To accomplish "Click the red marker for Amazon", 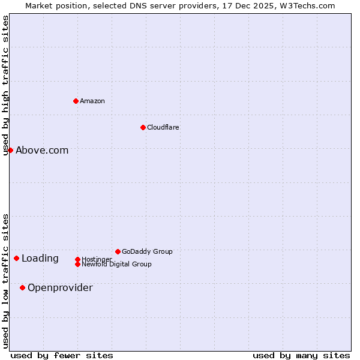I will click(76, 101).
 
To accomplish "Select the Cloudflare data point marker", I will click(143, 127).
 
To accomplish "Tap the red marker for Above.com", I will click(10, 150).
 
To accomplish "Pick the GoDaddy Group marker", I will click(118, 251).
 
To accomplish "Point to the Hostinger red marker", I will click(77, 259).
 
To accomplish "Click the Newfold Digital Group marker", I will click(77, 264).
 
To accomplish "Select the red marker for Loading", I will click(16, 258).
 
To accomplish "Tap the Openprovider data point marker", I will click(22, 287).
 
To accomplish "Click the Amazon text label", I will click(92, 101).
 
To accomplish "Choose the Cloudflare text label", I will click(163, 127).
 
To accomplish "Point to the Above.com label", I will click(42, 150).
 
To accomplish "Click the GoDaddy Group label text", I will click(147, 251).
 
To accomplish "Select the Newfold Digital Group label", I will click(116, 264).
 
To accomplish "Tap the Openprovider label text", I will click(60, 287).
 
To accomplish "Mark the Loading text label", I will click(40, 258).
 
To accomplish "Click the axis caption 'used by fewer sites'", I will click(62, 355).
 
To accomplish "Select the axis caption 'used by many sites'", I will click(301, 355).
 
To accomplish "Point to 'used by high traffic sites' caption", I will click(6, 85).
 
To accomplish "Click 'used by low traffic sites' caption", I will click(6, 280).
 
